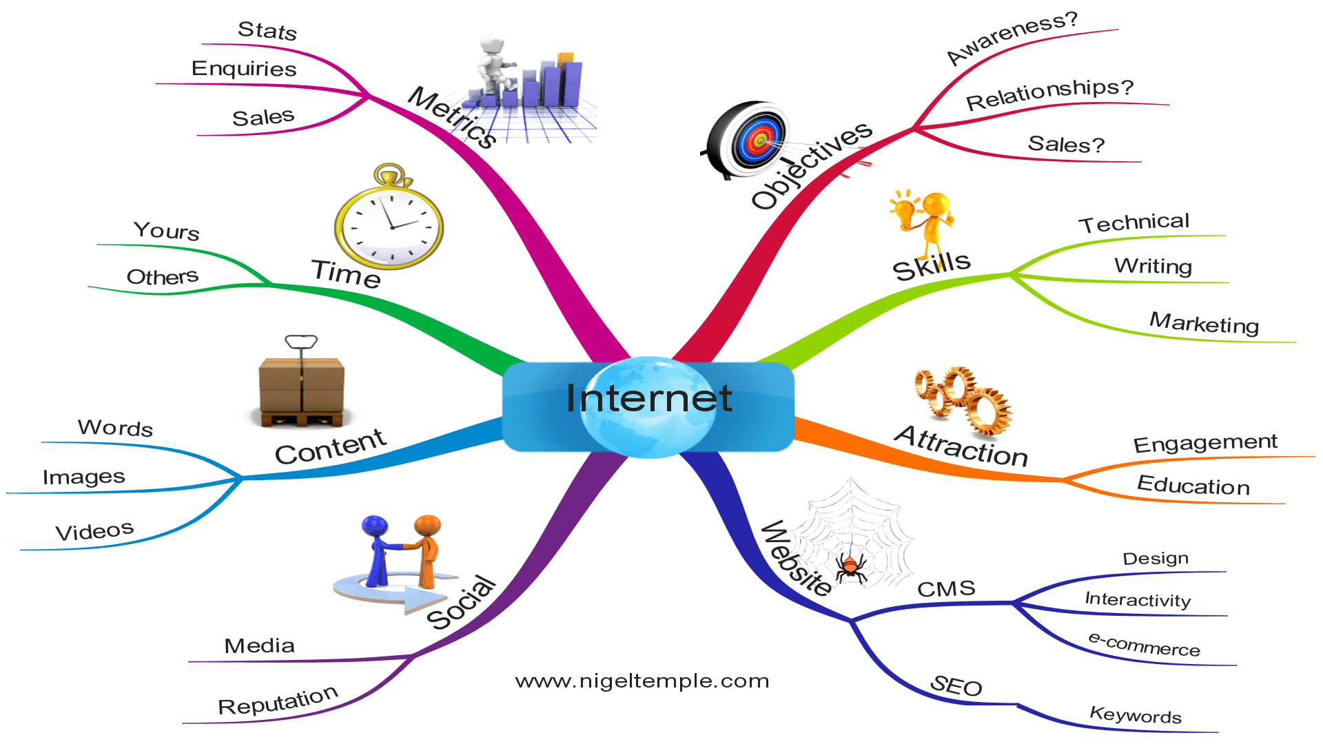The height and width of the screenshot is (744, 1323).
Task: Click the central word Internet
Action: (648, 398)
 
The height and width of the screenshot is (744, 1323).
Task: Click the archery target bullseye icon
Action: (758, 140)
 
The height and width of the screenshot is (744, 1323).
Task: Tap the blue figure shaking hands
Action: (378, 548)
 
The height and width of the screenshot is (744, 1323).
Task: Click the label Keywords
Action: (1135, 715)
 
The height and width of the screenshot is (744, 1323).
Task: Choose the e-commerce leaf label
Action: (1144, 645)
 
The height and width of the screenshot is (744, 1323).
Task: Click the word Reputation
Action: (278, 702)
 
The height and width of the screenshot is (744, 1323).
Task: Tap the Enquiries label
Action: (244, 69)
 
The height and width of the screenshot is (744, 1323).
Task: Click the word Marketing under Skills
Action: (1204, 323)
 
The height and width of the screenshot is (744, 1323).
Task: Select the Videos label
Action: (94, 531)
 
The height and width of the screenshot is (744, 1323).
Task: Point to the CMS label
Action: (946, 589)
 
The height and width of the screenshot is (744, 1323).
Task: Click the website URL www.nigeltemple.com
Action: (642, 681)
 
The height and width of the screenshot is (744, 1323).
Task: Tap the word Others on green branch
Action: (163, 277)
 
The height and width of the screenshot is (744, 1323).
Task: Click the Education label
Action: (1193, 486)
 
